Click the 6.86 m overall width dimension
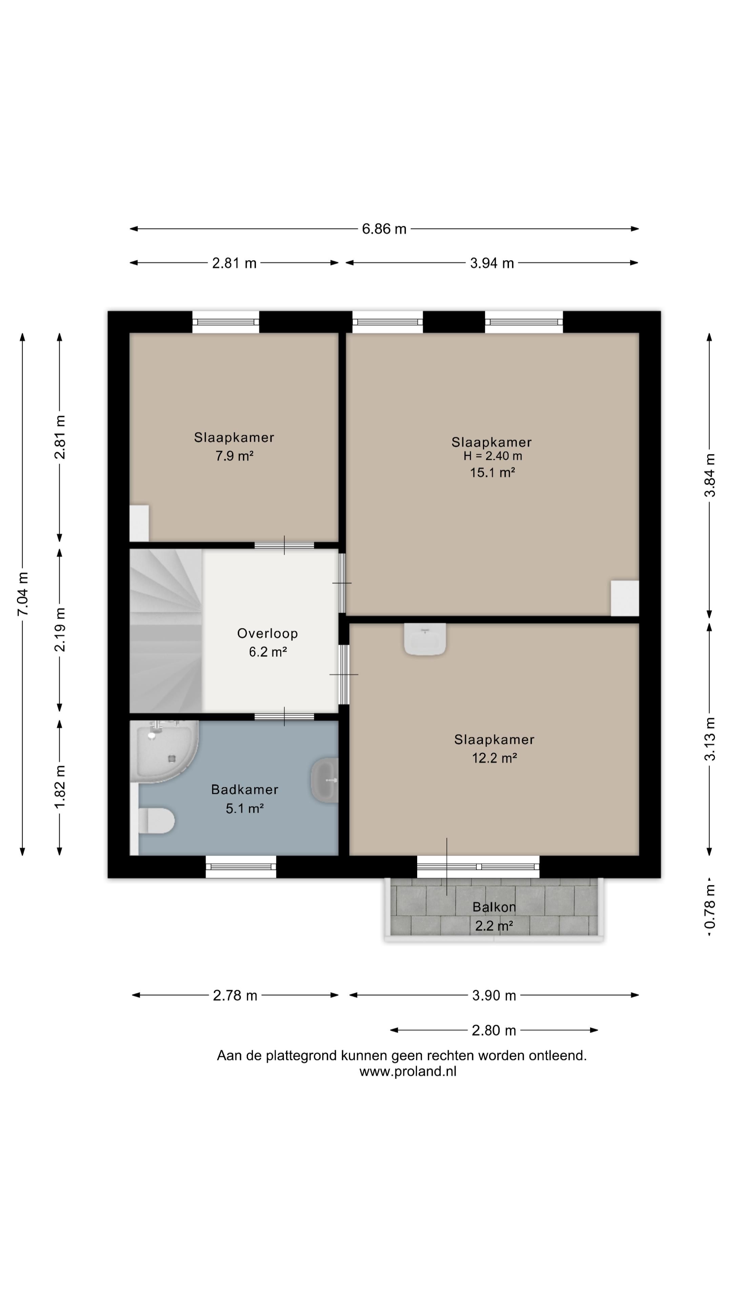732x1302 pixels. coord(384,229)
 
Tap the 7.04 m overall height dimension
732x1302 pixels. coord(23,594)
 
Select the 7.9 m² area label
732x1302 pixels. coord(235,456)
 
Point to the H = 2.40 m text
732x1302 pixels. coord(492,456)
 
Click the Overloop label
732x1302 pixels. coord(267,633)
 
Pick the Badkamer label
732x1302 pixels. coord(244,789)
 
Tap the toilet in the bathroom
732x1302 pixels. coord(156,820)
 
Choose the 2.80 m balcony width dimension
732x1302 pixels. coord(494,1030)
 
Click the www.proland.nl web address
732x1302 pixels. coord(408,1071)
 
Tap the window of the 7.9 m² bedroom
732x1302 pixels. coord(226,322)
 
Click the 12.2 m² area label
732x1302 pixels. coord(494,758)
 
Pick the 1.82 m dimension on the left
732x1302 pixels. coord(60,787)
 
